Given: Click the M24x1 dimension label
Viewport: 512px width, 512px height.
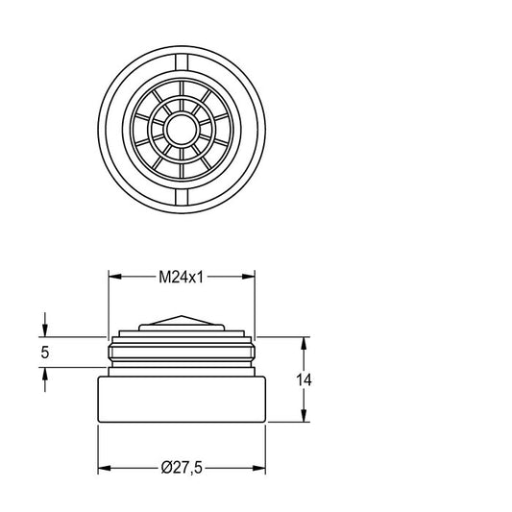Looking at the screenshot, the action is (181, 278).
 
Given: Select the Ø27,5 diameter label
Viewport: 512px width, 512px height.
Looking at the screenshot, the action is (182, 468).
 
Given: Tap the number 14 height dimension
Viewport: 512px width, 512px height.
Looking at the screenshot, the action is (304, 380).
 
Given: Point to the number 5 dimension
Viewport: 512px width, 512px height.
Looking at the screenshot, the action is (45, 353).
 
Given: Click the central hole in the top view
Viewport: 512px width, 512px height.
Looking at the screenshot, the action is (182, 130).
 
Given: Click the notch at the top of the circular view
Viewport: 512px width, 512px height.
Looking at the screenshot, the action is (182, 62).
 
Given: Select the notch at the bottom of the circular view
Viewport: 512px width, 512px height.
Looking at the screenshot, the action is (182, 197).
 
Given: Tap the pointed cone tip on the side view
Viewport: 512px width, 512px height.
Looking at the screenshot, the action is (182, 316).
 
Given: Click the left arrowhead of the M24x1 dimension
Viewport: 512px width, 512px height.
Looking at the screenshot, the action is (115, 277).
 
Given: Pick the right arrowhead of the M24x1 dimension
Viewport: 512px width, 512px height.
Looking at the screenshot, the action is (248, 277).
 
